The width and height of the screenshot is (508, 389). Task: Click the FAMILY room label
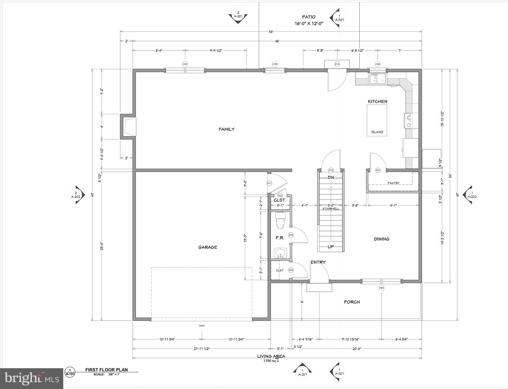[x=226, y=129]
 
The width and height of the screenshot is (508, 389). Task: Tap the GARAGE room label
[x=207, y=247]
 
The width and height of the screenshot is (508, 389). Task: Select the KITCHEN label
[x=377, y=101]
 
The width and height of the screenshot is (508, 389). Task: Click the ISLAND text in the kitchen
[x=377, y=132]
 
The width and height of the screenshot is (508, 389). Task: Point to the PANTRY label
[x=393, y=183]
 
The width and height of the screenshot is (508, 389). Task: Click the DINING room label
[x=382, y=239]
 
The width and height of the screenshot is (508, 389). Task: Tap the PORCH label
[x=352, y=302]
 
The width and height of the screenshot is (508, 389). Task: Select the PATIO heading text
[x=309, y=17]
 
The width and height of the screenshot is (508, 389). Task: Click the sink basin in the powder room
[x=280, y=252]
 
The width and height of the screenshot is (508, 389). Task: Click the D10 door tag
[x=337, y=64]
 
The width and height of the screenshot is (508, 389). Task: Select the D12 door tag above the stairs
[x=331, y=170]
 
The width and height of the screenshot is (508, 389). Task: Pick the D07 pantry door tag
[x=378, y=170]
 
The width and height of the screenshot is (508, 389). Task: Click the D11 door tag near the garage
[x=269, y=183]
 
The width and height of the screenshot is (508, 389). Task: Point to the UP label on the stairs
[x=331, y=247]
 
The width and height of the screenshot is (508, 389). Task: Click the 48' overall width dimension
[x=271, y=32]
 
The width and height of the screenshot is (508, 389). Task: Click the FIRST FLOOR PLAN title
[x=107, y=370]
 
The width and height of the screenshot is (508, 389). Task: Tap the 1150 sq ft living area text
[x=271, y=361]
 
